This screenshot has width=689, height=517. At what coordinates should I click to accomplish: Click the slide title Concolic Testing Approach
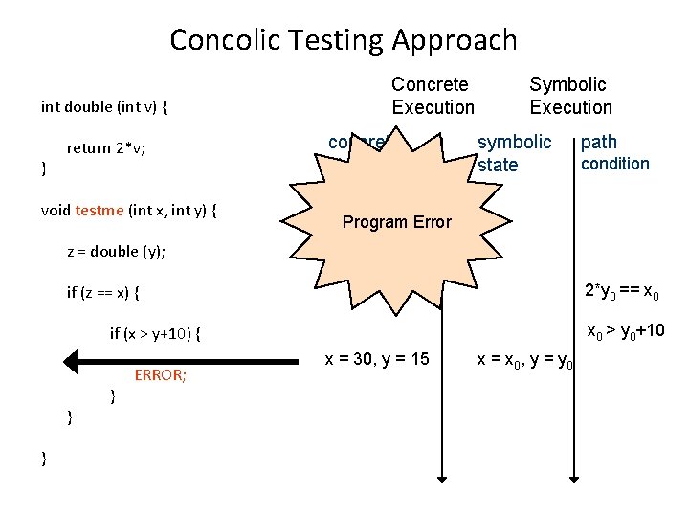[344, 40]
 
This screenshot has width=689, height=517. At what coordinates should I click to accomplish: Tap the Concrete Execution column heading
[433, 96]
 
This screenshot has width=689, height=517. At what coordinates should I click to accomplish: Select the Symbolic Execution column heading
[570, 96]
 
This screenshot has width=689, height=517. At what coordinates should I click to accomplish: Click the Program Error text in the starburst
[396, 222]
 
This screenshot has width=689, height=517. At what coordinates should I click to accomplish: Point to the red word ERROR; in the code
[160, 375]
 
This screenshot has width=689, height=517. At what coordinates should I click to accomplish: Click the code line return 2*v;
[105, 147]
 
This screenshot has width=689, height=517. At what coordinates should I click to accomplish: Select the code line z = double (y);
[116, 251]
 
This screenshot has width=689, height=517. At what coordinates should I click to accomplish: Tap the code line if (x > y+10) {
[156, 333]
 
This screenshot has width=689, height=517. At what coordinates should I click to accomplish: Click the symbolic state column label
[514, 153]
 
